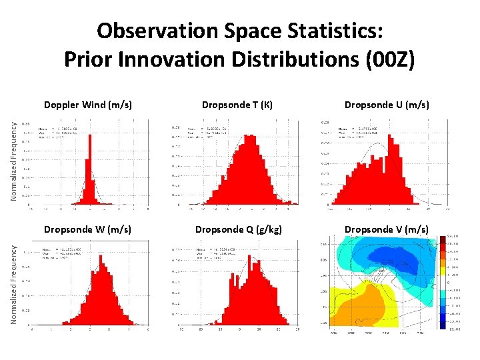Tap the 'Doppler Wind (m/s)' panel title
point(87,105)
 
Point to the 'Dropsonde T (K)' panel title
point(237,105)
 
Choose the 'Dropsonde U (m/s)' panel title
point(386,105)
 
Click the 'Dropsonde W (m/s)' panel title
point(87,229)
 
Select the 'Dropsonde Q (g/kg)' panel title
point(238,229)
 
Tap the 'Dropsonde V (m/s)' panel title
point(386,229)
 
